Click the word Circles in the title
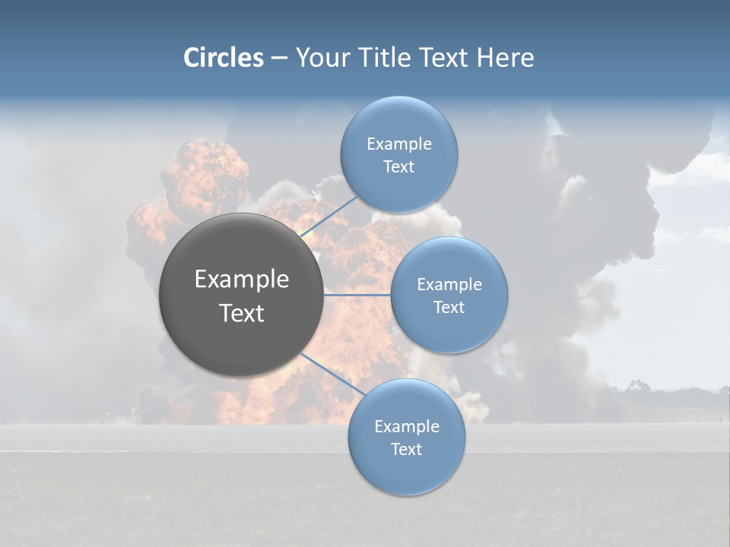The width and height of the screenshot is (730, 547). pos(223,58)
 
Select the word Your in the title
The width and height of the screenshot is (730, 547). pos(324,58)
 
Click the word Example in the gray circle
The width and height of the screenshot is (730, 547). pos(242,280)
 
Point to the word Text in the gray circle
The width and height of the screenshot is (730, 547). pos(242,313)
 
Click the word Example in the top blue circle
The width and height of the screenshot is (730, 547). pos(398,144)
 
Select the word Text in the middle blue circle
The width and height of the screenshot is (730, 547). pos(449,307)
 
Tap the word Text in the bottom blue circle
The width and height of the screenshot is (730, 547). pos(406,449)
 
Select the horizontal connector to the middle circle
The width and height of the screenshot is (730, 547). pos(357,295)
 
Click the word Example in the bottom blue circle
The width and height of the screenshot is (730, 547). pos(406,426)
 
